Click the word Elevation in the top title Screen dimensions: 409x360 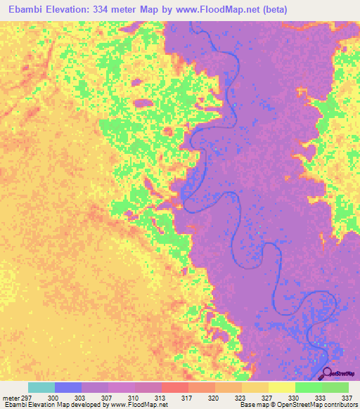coord(72,10)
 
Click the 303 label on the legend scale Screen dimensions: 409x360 coord(82,398)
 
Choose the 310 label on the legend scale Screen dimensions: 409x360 coord(135,398)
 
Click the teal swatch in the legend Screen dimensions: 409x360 coord(41,387)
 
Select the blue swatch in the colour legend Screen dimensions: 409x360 coord(68,387)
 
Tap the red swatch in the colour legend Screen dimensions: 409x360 coord(175,387)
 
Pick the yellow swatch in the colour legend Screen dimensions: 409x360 coord(282,387)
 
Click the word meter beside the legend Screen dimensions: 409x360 coord(11,398)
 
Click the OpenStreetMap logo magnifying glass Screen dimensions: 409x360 coord(328,373)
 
